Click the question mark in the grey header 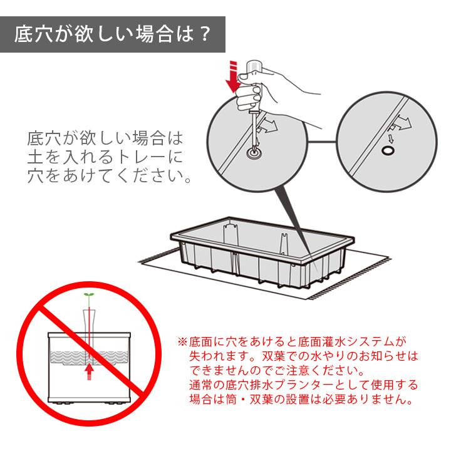tap(205, 34)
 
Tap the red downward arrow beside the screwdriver tap(232, 76)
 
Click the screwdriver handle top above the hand tap(254, 66)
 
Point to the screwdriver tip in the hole tap(254, 150)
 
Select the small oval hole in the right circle tap(388, 150)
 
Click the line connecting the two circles tap(322, 142)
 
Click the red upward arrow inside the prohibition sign tap(90, 371)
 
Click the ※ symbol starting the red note tap(182, 342)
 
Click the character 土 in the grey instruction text tap(35, 157)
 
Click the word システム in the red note tap(370, 342)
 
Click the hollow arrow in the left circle tap(269, 125)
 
